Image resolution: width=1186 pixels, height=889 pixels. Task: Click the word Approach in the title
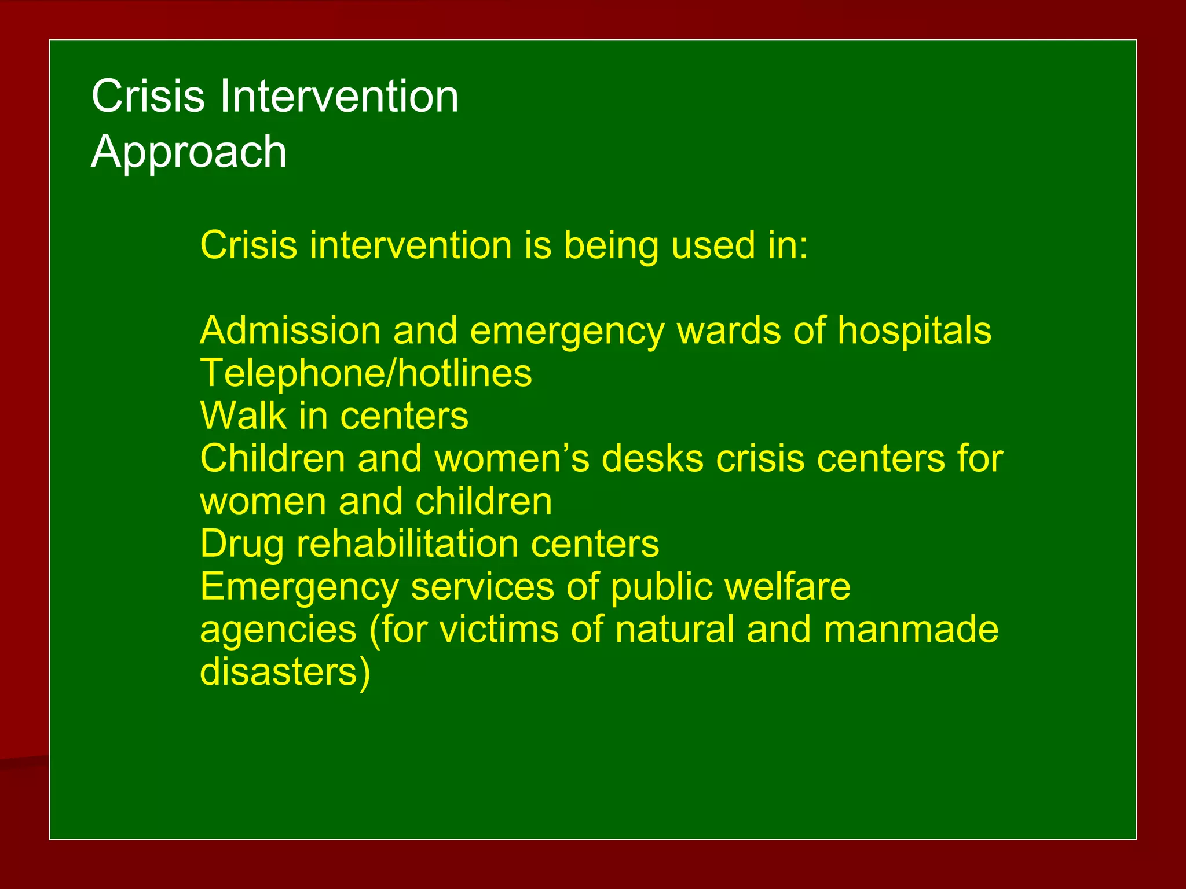189,152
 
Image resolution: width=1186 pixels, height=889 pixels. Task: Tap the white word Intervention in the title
339,96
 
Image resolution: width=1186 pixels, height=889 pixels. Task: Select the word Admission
290,330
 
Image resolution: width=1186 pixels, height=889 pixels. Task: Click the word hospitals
914,332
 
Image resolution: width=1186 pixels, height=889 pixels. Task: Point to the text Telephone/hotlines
365,373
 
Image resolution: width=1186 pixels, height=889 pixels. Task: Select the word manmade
911,630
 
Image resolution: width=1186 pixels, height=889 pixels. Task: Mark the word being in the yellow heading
611,246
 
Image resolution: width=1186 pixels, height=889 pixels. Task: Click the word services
482,587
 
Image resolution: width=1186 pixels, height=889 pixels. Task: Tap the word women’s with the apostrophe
512,458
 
